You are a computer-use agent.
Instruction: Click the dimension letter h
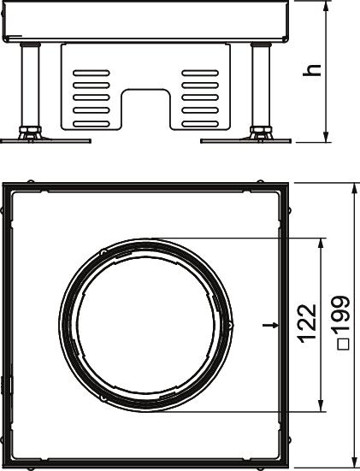pos(312,70)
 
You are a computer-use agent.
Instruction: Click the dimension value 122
pos(307,323)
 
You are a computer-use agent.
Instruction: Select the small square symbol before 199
pos(344,344)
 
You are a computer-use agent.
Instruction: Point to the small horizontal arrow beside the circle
pos(270,325)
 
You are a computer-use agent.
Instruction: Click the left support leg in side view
pos(30,85)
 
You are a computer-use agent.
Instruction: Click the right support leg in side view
pos(261,85)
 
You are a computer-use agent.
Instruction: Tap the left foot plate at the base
pos(45,140)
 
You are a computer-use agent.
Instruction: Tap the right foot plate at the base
pos(245,140)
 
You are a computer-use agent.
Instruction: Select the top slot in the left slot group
pos(91,73)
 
